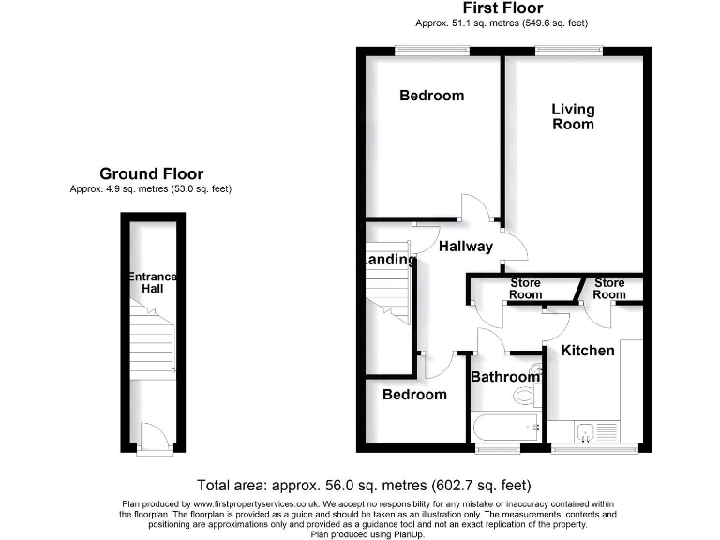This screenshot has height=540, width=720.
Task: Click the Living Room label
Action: [573, 116]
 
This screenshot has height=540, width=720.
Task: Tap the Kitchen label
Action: [588, 351]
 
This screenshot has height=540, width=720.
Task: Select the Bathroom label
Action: [505, 377]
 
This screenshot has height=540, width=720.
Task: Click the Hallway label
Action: [465, 247]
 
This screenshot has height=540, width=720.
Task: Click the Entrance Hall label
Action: [152, 282]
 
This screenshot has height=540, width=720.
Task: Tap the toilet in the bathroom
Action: [525, 396]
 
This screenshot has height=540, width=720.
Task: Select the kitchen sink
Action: [584, 432]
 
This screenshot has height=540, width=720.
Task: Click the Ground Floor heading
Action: [151, 173]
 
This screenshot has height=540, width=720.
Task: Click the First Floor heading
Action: [502, 8]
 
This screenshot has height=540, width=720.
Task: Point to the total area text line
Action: [364, 486]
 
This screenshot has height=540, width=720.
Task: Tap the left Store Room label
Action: [525, 289]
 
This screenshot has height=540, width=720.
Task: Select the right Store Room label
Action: [609, 289]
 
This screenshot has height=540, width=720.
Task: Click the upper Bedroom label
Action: [431, 96]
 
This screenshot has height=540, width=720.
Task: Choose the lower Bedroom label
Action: [414, 395]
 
